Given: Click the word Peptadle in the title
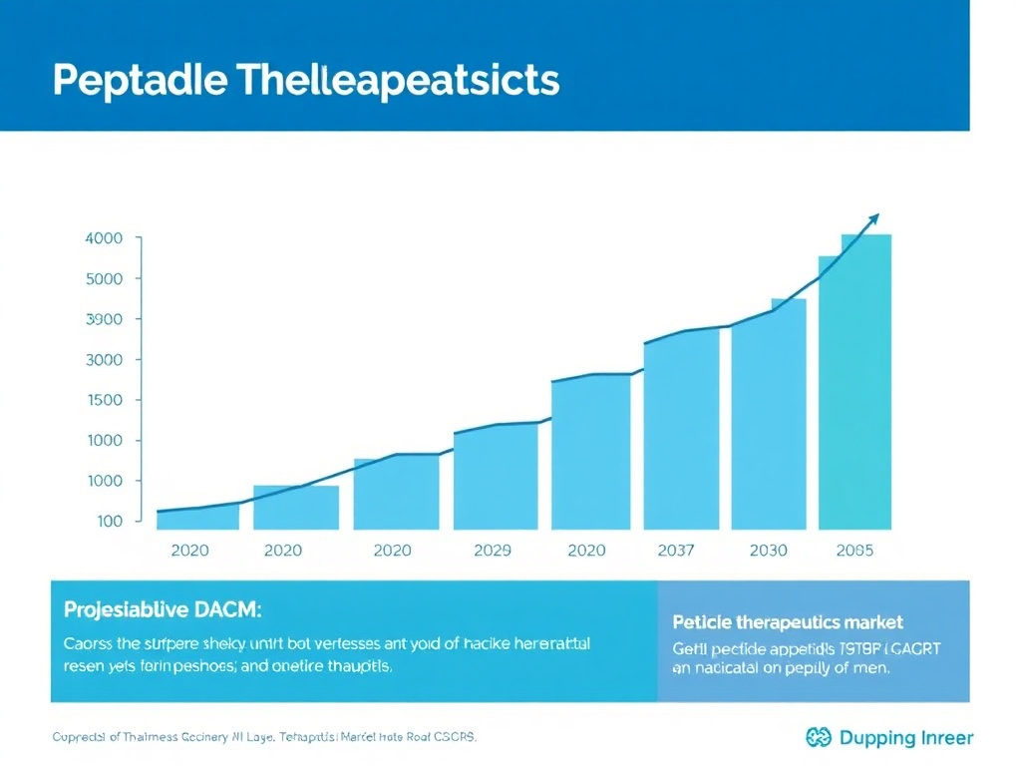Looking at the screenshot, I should (x=141, y=80).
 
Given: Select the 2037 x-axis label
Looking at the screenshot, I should (x=676, y=550).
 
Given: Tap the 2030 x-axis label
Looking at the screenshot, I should (x=767, y=550).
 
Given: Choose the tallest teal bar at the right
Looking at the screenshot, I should (x=854, y=384).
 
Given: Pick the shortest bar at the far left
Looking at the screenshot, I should (x=197, y=518).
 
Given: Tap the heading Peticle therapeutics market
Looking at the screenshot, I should (x=788, y=622).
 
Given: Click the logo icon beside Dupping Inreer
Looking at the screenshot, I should (x=817, y=737).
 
